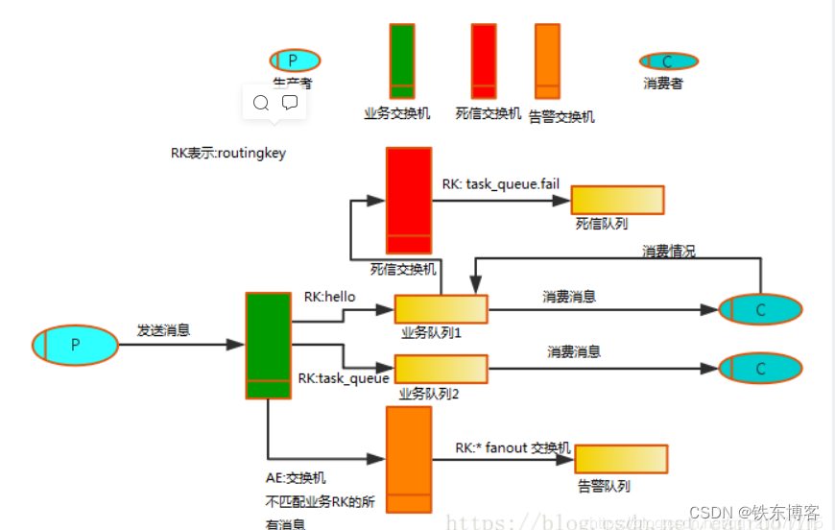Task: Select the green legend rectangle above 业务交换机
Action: pyautogui.click(x=402, y=60)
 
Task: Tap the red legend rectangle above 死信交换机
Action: pyautogui.click(x=484, y=60)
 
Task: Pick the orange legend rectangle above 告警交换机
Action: pyautogui.click(x=547, y=60)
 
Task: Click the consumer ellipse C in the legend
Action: pyautogui.click(x=668, y=61)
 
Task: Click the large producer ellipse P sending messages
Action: pyautogui.click(x=75, y=345)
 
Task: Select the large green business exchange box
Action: pyautogui.click(x=268, y=344)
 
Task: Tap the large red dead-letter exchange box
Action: pyautogui.click(x=409, y=200)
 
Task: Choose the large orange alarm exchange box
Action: pyautogui.click(x=409, y=460)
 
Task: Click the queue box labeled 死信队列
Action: pyautogui.click(x=617, y=200)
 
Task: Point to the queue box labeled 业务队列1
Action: pyautogui.click(x=441, y=309)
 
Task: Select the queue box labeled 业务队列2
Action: pyautogui.click(x=441, y=369)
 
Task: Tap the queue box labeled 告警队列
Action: pyautogui.click(x=621, y=459)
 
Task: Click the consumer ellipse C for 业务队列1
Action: pyautogui.click(x=760, y=309)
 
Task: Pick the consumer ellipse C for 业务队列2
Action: pyautogui.click(x=760, y=369)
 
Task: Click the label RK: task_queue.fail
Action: pyautogui.click(x=500, y=183)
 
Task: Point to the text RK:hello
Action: pyautogui.click(x=329, y=297)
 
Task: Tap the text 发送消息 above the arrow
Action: pyautogui.click(x=164, y=330)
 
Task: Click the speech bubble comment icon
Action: pyautogui.click(x=290, y=102)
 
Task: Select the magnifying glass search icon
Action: pyautogui.click(x=260, y=102)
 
